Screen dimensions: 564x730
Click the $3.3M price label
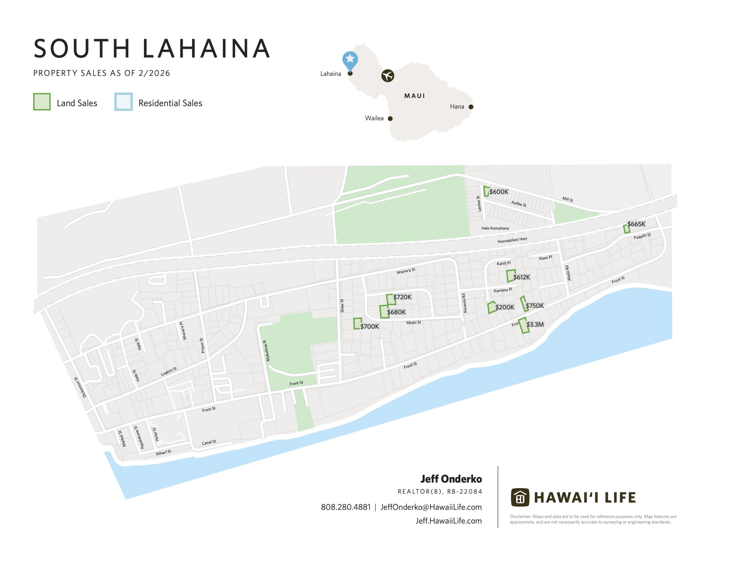535,324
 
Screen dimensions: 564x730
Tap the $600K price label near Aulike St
499,192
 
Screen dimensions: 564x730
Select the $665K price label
636,224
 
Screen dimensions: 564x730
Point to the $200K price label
504,307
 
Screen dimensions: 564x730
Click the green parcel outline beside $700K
357,324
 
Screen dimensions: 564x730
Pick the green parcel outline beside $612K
510,276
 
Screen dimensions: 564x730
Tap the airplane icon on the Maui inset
388,76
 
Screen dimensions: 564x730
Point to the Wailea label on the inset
374,118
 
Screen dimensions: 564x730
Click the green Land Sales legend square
42,102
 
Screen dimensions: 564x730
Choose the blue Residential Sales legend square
123,102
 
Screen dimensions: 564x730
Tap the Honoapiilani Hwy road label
512,240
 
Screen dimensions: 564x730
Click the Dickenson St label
80,388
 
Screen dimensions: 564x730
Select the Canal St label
209,443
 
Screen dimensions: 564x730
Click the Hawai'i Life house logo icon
520,498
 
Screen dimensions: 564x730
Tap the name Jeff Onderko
451,479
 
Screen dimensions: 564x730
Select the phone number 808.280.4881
346,507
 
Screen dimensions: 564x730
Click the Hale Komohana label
495,228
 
